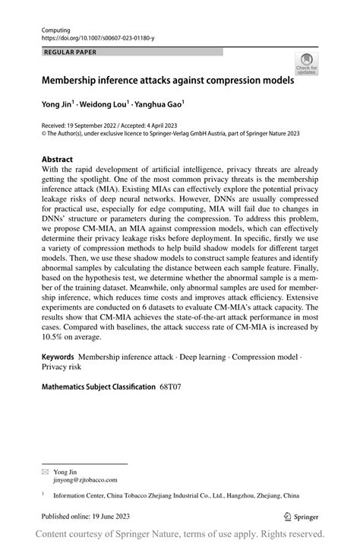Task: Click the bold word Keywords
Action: [x=57, y=357]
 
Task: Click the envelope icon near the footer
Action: [x=44, y=472]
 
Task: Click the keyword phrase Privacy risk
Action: [x=62, y=367]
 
